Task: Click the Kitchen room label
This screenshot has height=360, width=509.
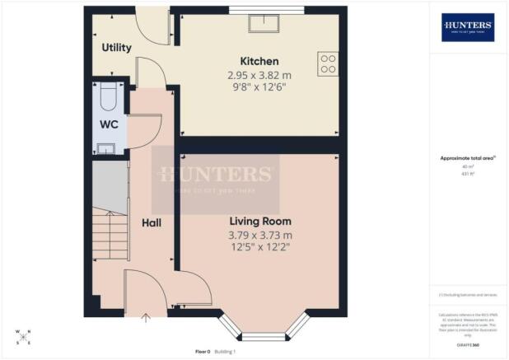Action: tap(259, 62)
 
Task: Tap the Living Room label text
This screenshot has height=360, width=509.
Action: tap(259, 222)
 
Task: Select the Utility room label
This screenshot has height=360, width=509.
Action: tap(116, 48)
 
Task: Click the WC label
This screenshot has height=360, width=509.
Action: tap(109, 125)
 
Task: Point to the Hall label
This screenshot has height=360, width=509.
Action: tap(150, 222)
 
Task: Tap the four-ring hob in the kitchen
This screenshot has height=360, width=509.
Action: tap(328, 64)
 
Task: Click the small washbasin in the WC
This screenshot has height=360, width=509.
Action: tap(107, 148)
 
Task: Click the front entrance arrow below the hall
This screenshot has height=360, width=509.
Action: tap(147, 314)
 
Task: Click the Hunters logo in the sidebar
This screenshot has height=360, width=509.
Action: tap(468, 27)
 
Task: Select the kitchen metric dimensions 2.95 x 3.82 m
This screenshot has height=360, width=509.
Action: tap(259, 75)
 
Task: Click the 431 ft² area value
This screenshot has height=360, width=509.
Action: tap(467, 174)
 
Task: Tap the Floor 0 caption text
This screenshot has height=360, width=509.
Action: tap(203, 352)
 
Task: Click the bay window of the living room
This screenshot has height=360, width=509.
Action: tap(264, 334)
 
